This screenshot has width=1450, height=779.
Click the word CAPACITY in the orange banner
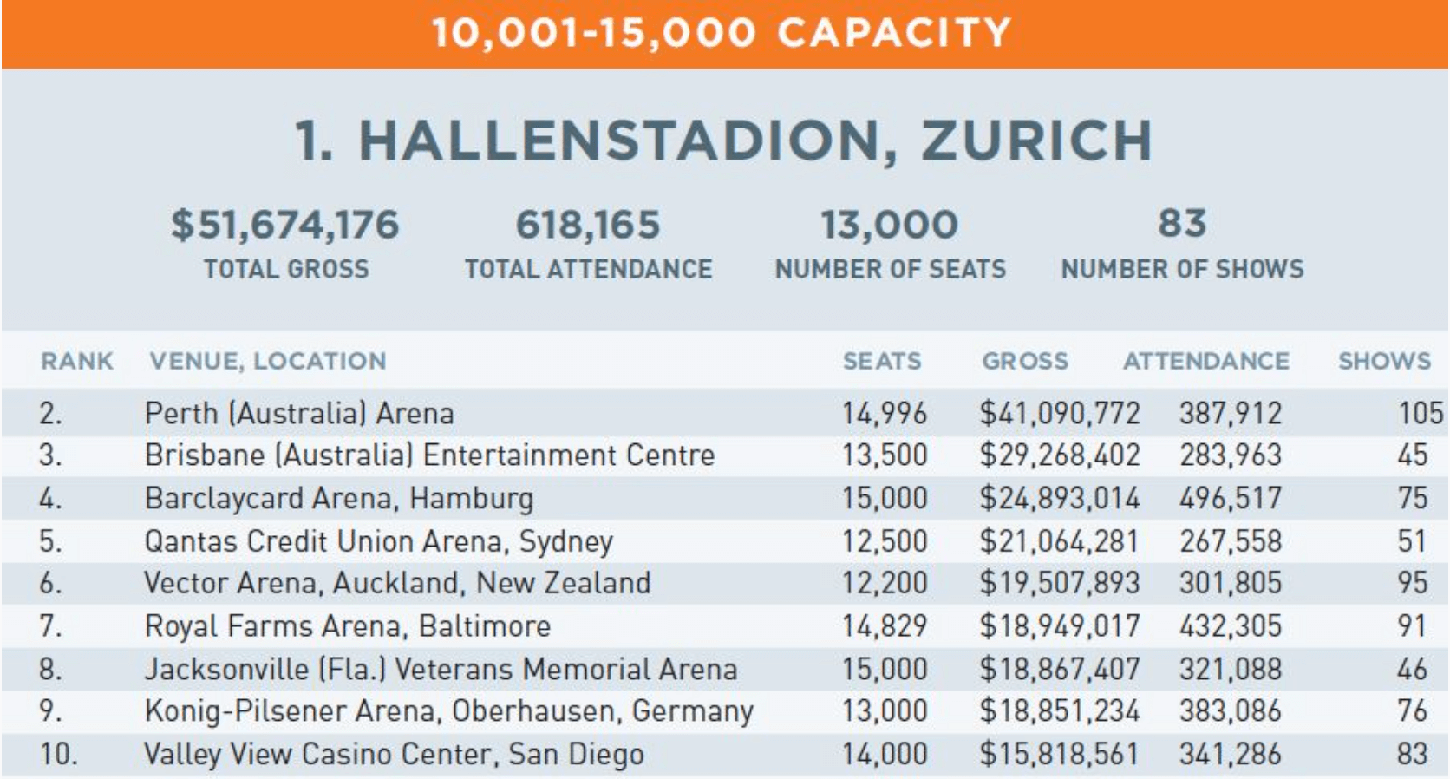tap(894, 33)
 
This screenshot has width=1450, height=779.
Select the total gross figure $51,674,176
tap(285, 225)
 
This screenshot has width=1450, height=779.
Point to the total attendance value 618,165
tap(588, 225)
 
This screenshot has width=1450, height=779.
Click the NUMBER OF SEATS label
tap(891, 270)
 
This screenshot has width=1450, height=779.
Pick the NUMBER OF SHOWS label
tap(1182, 270)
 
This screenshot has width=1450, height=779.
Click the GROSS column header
tap(1025, 361)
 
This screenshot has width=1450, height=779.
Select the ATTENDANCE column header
tap(1206, 361)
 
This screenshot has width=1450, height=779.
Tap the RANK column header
tap(77, 361)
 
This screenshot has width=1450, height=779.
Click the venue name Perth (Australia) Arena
tap(299, 413)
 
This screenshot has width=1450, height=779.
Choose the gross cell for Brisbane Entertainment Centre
tap(1060, 455)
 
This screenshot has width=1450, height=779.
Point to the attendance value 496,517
tap(1230, 498)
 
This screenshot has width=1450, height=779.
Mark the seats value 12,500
tap(885, 541)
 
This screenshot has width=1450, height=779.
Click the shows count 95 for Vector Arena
tap(1412, 583)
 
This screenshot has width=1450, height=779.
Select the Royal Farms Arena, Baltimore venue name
tap(348, 625)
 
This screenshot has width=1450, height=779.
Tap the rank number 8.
tap(50, 669)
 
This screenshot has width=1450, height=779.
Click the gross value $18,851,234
tap(1060, 710)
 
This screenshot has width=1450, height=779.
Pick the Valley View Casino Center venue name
tap(394, 754)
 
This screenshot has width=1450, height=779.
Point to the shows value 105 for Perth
tap(1420, 413)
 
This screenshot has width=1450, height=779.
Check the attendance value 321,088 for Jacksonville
tap(1230, 669)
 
